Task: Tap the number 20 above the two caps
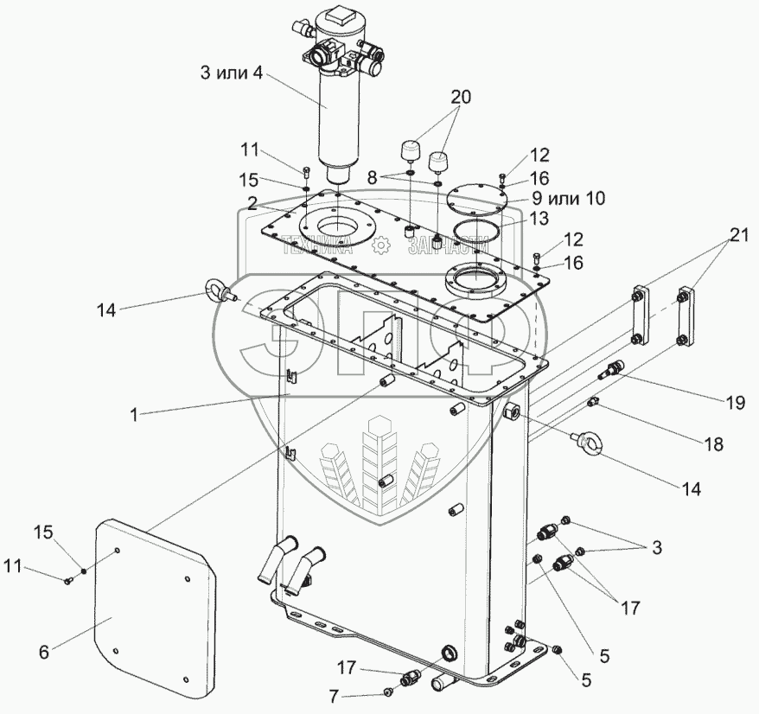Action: pos(460,98)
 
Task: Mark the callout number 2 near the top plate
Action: pos(252,204)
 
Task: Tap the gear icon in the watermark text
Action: pos(379,245)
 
